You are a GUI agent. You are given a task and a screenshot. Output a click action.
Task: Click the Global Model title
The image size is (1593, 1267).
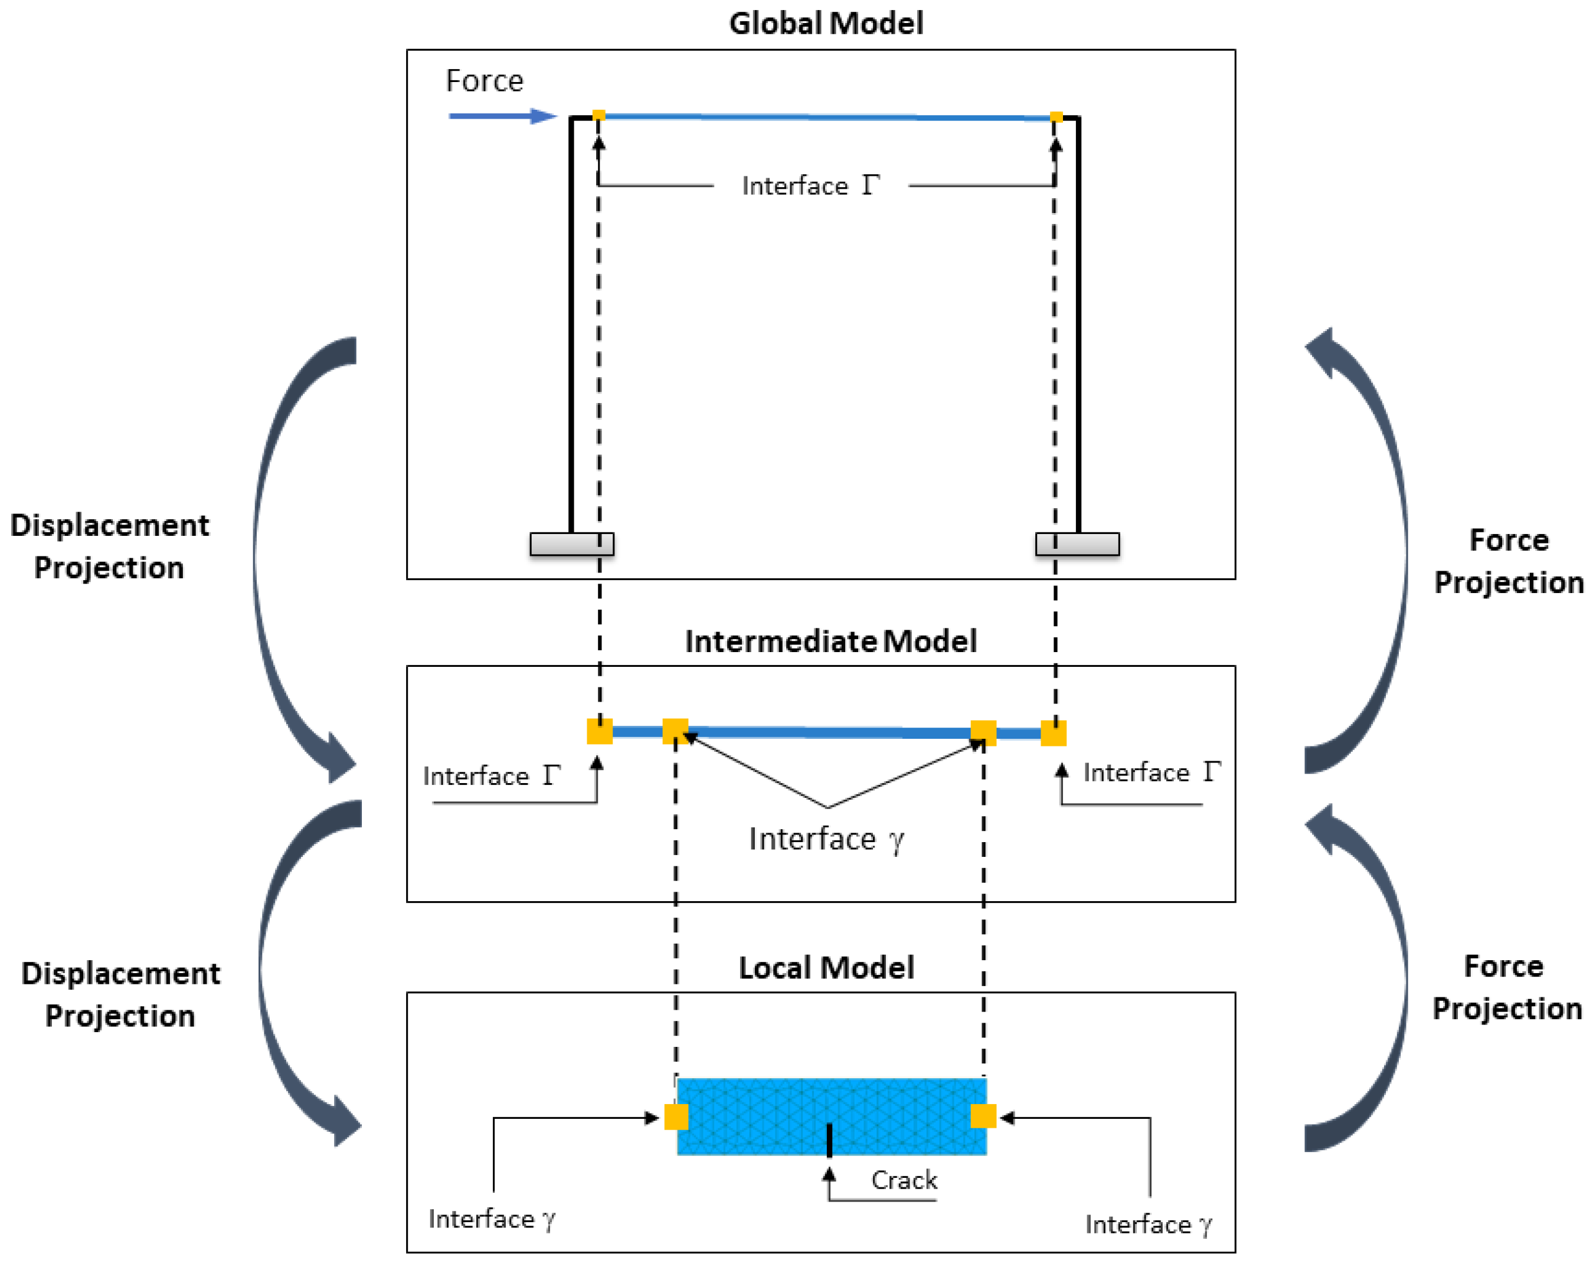[x=826, y=23]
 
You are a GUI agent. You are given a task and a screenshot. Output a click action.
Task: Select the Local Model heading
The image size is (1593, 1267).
[x=826, y=967]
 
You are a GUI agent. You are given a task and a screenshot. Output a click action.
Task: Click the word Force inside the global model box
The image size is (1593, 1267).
[x=484, y=80]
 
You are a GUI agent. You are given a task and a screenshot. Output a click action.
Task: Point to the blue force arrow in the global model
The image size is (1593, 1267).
[x=502, y=116]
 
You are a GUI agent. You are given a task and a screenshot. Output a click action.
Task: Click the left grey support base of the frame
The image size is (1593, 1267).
[x=572, y=544]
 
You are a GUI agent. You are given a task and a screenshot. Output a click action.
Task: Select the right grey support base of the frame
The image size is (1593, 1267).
[x=1077, y=544]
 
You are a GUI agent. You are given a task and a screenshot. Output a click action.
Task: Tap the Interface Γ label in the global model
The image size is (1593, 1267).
[x=810, y=185]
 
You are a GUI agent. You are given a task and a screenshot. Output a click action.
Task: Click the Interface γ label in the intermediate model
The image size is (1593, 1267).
[x=826, y=840]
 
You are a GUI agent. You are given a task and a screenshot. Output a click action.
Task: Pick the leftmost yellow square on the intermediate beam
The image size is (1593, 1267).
[x=599, y=731]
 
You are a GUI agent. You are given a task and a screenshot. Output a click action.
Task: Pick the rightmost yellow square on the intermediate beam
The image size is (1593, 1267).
[x=1053, y=733]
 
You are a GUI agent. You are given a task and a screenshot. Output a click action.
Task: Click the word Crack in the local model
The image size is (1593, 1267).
[x=904, y=1180]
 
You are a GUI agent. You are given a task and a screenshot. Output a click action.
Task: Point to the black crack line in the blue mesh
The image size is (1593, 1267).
[x=829, y=1140]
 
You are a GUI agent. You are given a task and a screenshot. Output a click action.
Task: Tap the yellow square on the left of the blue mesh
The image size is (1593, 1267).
[x=676, y=1117]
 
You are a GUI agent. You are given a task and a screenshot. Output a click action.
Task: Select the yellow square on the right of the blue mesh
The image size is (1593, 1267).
[x=983, y=1115]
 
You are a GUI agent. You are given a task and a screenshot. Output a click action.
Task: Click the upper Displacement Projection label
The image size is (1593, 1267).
[x=109, y=546]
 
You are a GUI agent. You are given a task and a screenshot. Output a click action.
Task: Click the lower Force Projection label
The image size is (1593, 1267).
[x=1507, y=987]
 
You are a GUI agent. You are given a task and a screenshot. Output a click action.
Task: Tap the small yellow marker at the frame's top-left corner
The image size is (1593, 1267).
[x=598, y=115]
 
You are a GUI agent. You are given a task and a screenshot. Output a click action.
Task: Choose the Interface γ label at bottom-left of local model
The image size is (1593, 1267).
[x=491, y=1219]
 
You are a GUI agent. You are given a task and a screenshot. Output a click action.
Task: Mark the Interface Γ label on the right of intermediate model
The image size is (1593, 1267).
[x=1151, y=772]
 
